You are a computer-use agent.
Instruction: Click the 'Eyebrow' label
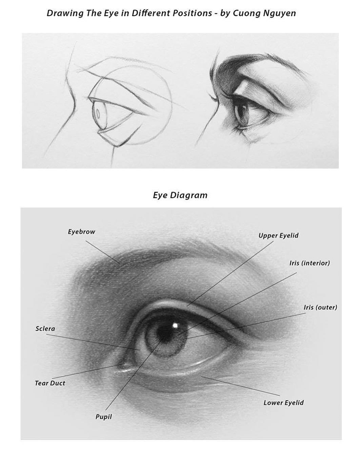81,232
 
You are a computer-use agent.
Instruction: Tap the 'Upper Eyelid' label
278,236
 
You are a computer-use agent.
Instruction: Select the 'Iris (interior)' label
309,263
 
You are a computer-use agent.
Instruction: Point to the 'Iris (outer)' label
320,307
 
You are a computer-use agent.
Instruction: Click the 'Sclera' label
45,329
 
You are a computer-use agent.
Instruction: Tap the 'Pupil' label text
103,417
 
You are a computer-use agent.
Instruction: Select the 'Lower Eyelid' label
283,403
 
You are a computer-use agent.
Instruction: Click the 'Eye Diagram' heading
180,195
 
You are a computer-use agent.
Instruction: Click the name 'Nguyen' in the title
279,13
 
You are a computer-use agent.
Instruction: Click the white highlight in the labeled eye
175,325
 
